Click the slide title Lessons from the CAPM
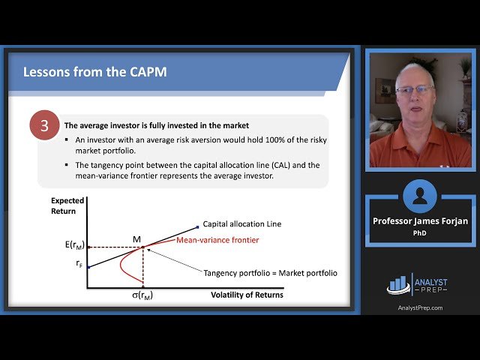pyautogui.click(x=94, y=73)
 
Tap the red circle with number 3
pyautogui.click(x=44, y=126)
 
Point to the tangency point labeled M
pyautogui.click(x=142, y=247)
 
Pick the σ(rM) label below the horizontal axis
pyautogui.click(x=142, y=295)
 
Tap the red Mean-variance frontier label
pyautogui.click(x=217, y=240)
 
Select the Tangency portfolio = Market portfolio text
pyautogui.click(x=270, y=273)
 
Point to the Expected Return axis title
pyautogui.click(x=67, y=206)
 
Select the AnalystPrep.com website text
pyautogui.click(x=419, y=307)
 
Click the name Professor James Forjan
pyautogui.click(x=419, y=220)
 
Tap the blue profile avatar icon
pyautogui.click(x=419, y=196)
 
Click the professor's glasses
pyautogui.click(x=413, y=91)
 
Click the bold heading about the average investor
pyautogui.click(x=157, y=125)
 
